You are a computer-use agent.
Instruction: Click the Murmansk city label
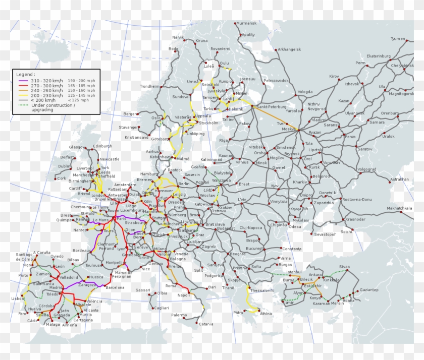pyautogui.click(x=246, y=23)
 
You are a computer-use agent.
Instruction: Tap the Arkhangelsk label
pyautogui.click(x=289, y=49)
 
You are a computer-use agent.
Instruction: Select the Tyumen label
pyautogui.click(x=398, y=39)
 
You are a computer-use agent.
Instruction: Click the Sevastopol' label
pyautogui.click(x=325, y=234)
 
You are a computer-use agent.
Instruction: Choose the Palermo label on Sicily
pyautogui.click(x=179, y=315)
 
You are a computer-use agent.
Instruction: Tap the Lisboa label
pyautogui.click(x=18, y=298)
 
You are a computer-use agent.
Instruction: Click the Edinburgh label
pyautogui.click(x=102, y=146)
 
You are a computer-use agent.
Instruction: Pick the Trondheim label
pyautogui.click(x=150, y=86)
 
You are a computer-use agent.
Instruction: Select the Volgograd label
pyautogui.click(x=367, y=169)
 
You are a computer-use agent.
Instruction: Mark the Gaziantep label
pyautogui.click(x=369, y=290)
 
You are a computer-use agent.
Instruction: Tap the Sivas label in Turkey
pyautogui.click(x=344, y=266)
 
